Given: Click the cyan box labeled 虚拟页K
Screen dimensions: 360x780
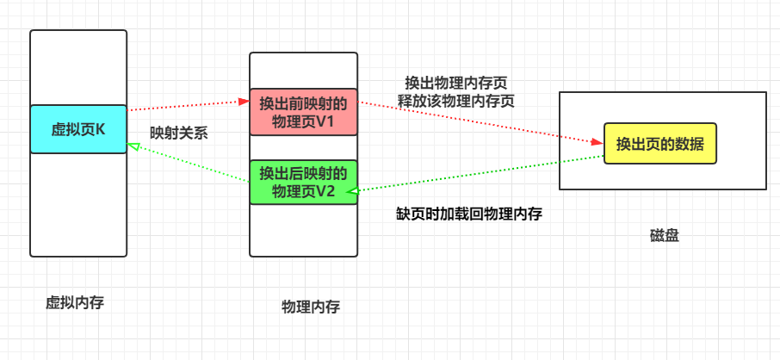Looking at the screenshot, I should click(x=78, y=129).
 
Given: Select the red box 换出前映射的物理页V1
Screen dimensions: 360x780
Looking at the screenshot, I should click(x=303, y=112).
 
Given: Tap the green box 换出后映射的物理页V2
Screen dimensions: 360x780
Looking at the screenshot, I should click(x=303, y=183).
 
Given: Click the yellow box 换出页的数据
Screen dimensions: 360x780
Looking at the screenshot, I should click(x=660, y=144).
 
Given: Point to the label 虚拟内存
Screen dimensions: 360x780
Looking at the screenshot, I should click(x=75, y=302).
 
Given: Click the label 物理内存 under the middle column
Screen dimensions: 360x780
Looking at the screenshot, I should click(x=311, y=307).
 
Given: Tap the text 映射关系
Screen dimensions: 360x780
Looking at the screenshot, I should click(x=178, y=133).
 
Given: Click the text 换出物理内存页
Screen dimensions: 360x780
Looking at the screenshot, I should click(x=456, y=84).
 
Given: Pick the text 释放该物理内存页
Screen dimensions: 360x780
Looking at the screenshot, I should click(x=456, y=100).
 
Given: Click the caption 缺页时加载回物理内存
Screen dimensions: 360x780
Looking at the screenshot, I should click(x=468, y=213).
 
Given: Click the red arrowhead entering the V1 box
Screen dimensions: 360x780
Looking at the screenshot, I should click(x=245, y=102).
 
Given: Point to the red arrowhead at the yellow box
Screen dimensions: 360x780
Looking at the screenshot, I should click(x=598, y=142).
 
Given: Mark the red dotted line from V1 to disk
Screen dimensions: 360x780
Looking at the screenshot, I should click(x=478, y=122).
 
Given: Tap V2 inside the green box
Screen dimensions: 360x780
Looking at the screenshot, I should click(x=324, y=191).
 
